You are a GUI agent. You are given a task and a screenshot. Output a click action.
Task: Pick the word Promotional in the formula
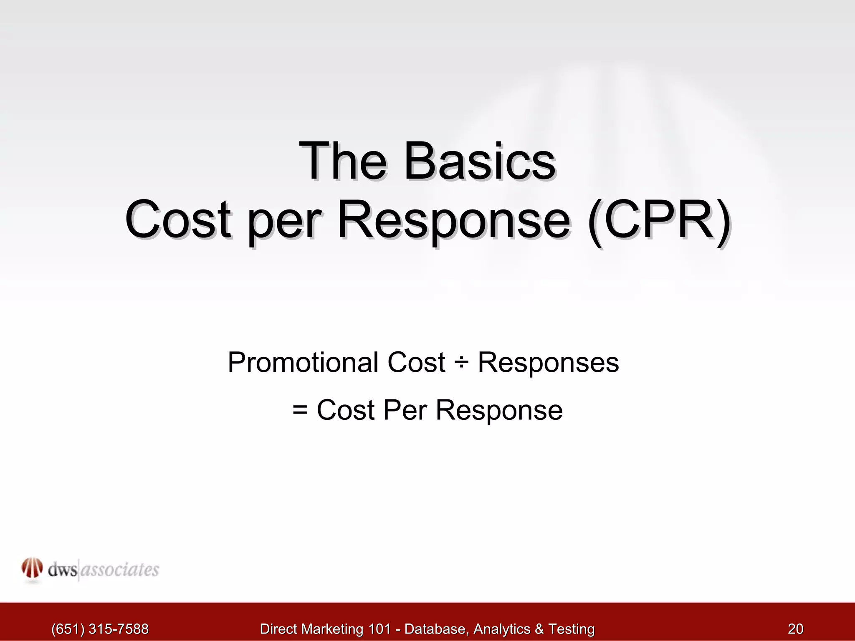303,362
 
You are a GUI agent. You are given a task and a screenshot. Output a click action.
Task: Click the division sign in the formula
462,363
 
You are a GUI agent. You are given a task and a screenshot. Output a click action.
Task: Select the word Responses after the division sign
548,363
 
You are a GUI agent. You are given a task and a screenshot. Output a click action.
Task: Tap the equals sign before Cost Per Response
300,410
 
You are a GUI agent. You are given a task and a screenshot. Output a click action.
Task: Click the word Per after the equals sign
405,410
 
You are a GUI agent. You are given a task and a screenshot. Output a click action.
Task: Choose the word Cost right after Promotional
416,362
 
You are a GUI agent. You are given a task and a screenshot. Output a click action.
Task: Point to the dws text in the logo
62,570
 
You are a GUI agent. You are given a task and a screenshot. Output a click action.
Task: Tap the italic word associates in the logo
119,570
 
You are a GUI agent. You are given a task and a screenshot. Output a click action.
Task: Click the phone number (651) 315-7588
100,628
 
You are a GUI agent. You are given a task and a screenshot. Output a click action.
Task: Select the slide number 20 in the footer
795,628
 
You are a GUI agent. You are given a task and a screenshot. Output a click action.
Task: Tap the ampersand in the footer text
539,628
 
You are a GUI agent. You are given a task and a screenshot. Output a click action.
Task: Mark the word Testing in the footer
571,628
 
